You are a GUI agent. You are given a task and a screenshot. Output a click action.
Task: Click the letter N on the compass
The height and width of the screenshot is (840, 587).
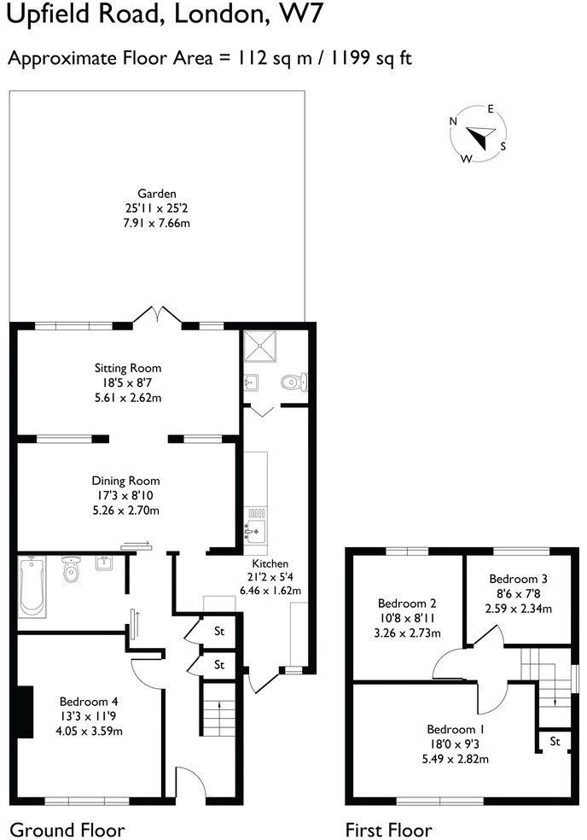[x=453, y=121]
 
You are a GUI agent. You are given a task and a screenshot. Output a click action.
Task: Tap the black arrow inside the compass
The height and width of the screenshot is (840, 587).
[x=480, y=136]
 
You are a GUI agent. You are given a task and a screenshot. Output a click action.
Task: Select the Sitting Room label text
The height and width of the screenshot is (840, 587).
[x=127, y=368]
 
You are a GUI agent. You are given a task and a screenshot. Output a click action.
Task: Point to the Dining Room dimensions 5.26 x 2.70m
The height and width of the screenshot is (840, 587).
[x=126, y=510]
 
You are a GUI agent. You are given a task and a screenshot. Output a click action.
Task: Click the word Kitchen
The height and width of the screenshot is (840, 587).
[x=270, y=563]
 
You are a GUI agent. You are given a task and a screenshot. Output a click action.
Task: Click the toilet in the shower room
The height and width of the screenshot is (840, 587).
[x=293, y=380]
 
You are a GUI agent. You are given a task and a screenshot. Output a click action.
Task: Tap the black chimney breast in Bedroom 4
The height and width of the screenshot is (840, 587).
[x=26, y=711]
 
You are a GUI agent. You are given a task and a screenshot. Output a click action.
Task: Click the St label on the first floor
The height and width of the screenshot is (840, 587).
[x=555, y=741]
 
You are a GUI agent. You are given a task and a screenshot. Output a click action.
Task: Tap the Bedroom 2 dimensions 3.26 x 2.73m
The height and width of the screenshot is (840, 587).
[x=407, y=633]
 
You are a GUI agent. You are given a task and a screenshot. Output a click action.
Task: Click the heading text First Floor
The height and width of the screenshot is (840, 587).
[x=388, y=829]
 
